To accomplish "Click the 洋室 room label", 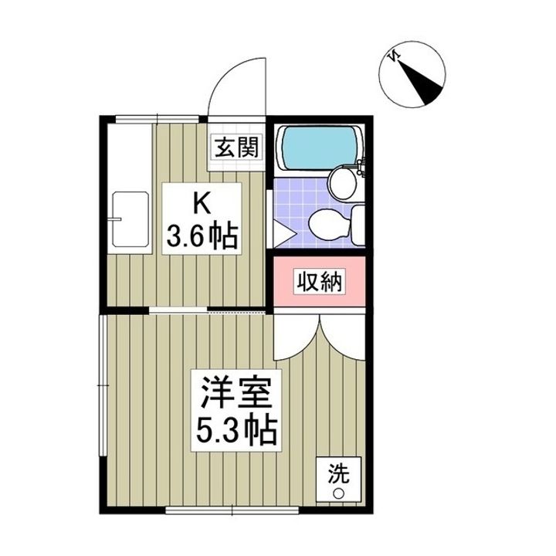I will (231, 392).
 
